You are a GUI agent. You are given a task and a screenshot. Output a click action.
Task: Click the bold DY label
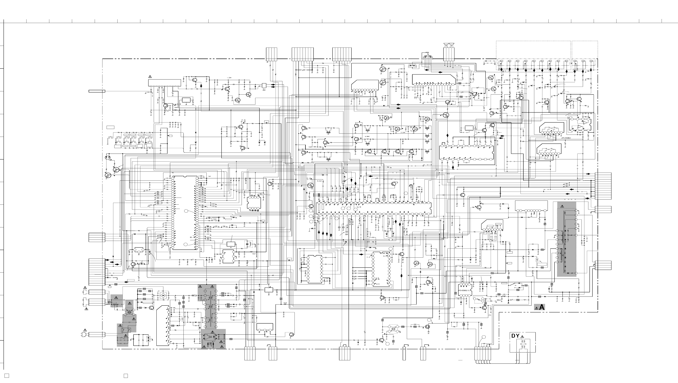pyautogui.click(x=515, y=336)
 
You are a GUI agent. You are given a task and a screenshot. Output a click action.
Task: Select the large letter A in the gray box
pyautogui.click(x=542, y=307)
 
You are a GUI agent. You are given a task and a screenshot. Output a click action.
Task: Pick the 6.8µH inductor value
pyautogui.click(x=367, y=137)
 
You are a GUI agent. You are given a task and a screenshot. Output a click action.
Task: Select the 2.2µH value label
pyautogui.click(x=403, y=132)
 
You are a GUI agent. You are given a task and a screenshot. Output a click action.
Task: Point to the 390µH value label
pyautogui.click(x=499, y=300)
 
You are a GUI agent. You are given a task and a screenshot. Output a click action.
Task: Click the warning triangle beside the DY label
pyautogui.click(x=522, y=337)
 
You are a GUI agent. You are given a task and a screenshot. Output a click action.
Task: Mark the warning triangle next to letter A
pyautogui.click(x=536, y=308)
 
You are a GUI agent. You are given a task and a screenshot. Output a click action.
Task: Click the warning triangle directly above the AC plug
pyautogui.click(x=85, y=330)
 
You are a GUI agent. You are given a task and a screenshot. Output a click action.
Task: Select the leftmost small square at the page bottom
pyautogui.click(x=7, y=376)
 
